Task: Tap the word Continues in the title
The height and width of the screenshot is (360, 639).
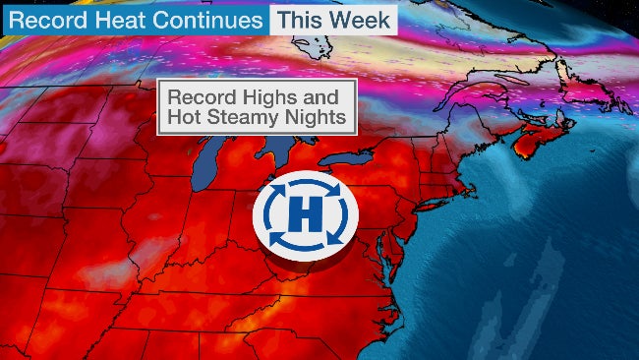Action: [x=206, y=20]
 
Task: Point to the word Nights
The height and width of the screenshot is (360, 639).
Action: [x=320, y=119]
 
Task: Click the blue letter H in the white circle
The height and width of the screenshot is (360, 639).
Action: [x=305, y=215]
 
